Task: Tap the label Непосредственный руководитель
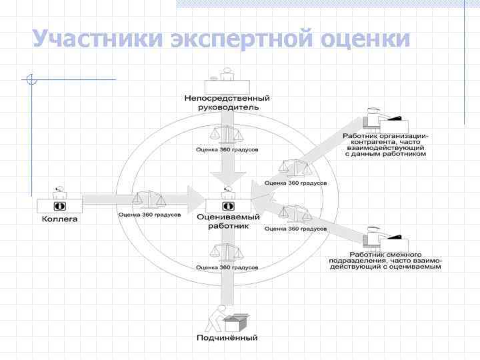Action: pyautogui.click(x=227, y=103)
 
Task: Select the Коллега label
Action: pyautogui.click(x=60, y=219)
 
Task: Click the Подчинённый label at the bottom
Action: pyautogui.click(x=227, y=338)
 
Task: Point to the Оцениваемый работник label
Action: pyautogui.click(x=227, y=221)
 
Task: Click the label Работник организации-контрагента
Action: pyautogui.click(x=386, y=144)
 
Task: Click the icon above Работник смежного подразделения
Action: pyautogui.click(x=385, y=236)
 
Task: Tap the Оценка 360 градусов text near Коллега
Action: pyautogui.click(x=149, y=215)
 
